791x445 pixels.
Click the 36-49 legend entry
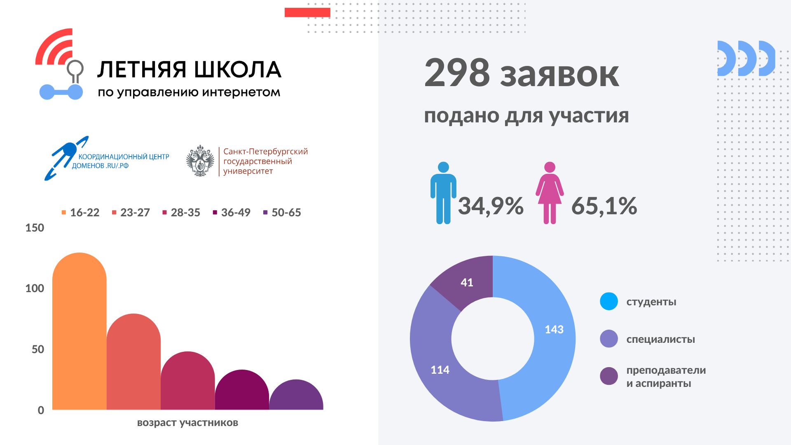[x=232, y=213]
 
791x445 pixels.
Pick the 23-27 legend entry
[x=131, y=213]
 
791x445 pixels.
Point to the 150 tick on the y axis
[x=35, y=228]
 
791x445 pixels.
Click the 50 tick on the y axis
[x=37, y=349]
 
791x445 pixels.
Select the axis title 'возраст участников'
[x=187, y=423]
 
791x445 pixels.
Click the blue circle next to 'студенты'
[x=609, y=301]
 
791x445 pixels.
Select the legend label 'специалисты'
[x=660, y=340]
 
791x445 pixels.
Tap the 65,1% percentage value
[x=604, y=206]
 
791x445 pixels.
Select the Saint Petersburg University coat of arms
[x=200, y=161]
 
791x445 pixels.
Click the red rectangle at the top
[x=307, y=12]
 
